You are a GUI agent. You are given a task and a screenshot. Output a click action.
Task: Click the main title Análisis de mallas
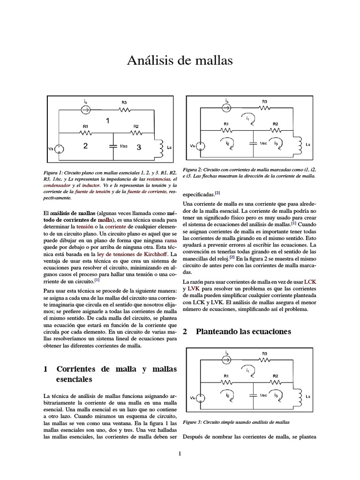pyautogui.click(x=180, y=61)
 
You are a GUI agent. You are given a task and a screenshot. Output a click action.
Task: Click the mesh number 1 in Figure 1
pyautogui.click(x=107, y=121)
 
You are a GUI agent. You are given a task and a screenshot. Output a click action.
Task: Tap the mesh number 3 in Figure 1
pyautogui.click(x=138, y=147)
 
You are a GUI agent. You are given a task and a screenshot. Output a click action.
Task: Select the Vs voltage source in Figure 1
pyautogui.click(x=60, y=149)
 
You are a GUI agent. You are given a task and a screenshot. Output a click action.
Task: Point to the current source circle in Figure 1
pyautogui.click(x=85, y=110)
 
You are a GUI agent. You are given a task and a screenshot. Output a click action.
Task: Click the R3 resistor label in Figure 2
pyautogui.click(x=264, y=101)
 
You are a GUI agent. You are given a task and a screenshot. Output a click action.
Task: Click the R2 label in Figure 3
pyautogui.click(x=275, y=376)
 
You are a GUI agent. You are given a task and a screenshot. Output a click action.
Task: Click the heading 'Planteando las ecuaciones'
pyautogui.click(x=243, y=331)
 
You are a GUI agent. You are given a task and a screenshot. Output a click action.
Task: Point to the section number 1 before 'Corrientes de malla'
pyautogui.click(x=45, y=369)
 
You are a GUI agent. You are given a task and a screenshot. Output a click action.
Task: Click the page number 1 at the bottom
pyautogui.click(x=180, y=453)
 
